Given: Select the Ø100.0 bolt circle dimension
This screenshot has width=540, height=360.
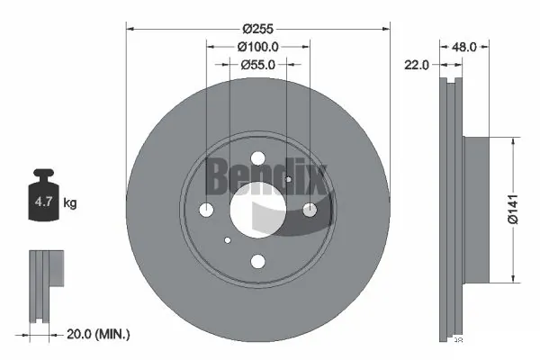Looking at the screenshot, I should point(258,46).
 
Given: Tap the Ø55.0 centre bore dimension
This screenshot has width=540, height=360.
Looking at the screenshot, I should point(257,65).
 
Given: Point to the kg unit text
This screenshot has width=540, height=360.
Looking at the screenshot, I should point(71,203).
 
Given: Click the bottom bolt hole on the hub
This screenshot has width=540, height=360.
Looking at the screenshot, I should point(257,261).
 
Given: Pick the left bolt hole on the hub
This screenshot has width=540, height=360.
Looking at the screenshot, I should point(206,210).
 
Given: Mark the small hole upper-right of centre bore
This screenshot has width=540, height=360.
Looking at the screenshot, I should point(288,179).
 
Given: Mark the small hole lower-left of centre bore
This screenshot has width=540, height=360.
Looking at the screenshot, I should point(228,240).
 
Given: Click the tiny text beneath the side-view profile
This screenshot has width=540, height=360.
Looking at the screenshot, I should point(458,340).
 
